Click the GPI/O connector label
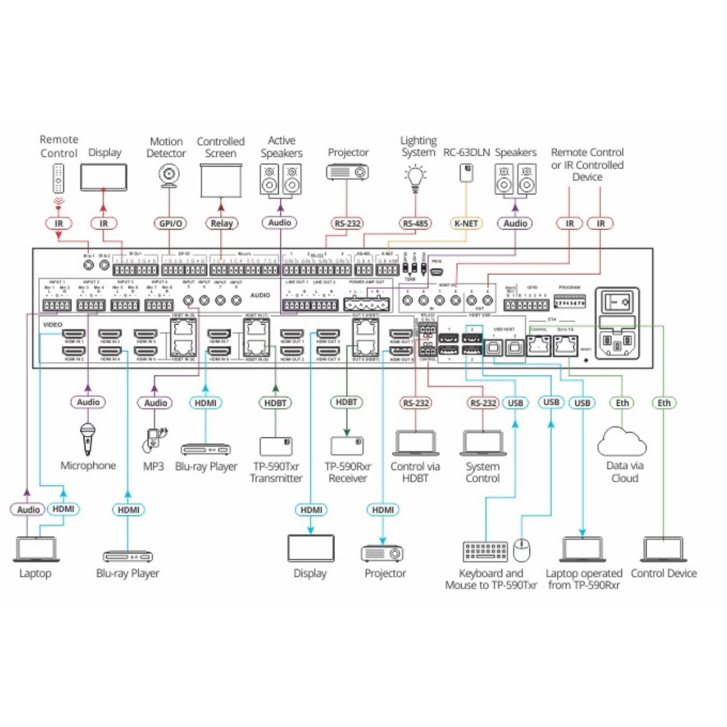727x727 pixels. (x=170, y=224)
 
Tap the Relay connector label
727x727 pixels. (x=221, y=224)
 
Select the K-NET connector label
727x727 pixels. (x=466, y=224)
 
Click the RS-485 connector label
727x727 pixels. (x=416, y=224)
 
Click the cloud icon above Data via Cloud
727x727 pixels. (x=622, y=442)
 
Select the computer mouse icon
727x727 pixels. (x=522, y=550)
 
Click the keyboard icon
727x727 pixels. (x=485, y=551)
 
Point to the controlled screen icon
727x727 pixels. (x=221, y=180)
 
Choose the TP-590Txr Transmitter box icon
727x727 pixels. (x=276, y=446)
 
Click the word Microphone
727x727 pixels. (x=88, y=466)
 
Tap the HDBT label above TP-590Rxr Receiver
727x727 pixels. (x=347, y=402)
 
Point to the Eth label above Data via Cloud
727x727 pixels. (x=623, y=403)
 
